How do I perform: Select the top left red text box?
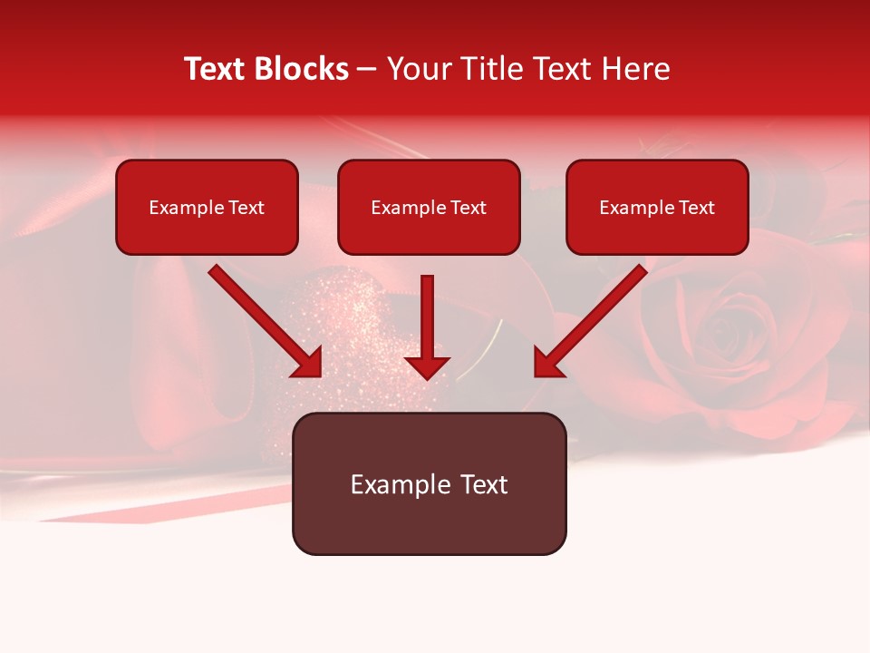pyautogui.click(x=207, y=207)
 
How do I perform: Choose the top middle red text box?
pyautogui.click(x=429, y=207)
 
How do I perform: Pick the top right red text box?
pyautogui.click(x=657, y=207)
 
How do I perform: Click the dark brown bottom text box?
pyautogui.click(x=429, y=483)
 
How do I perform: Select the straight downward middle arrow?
pyautogui.click(x=427, y=322)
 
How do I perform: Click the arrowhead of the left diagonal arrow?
pyautogui.click(x=308, y=363)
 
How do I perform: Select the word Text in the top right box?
pyautogui.click(x=695, y=208)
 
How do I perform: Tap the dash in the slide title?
pyautogui.click(x=367, y=70)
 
